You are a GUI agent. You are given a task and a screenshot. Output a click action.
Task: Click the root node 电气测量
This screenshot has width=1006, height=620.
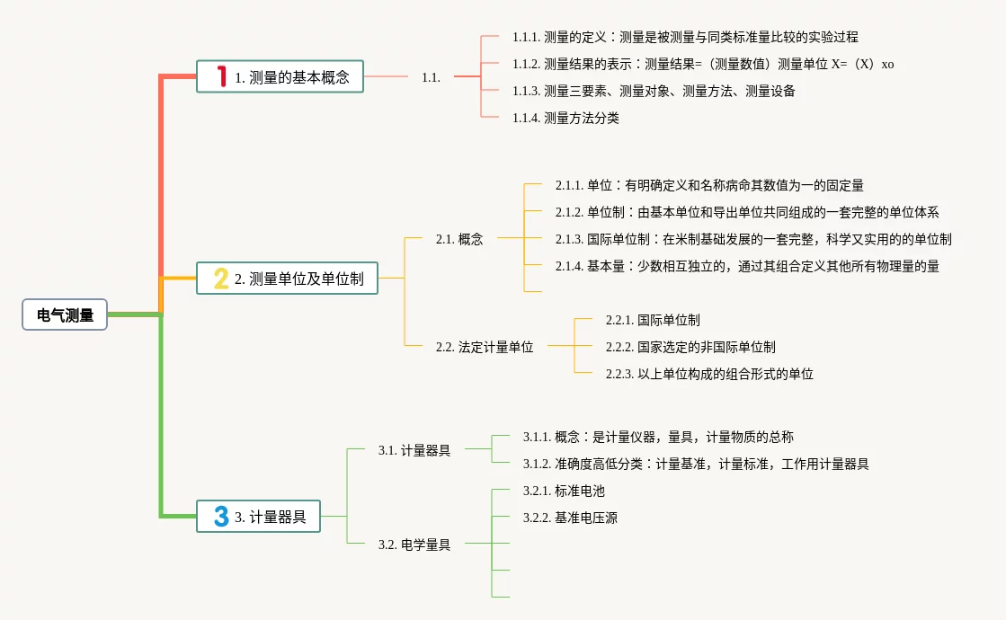(x=65, y=314)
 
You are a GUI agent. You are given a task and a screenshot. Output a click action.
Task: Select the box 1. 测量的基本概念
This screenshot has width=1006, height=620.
(x=280, y=76)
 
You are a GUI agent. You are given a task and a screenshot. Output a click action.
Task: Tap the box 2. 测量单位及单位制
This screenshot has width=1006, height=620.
(x=287, y=279)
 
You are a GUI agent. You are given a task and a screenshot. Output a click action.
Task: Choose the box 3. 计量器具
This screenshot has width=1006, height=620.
(x=258, y=516)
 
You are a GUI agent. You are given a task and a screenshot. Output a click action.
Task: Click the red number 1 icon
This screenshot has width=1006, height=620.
(x=222, y=76)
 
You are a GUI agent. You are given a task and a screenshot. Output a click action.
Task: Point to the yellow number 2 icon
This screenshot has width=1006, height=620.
(x=221, y=279)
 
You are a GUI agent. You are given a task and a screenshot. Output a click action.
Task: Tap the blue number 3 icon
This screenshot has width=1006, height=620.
(x=221, y=516)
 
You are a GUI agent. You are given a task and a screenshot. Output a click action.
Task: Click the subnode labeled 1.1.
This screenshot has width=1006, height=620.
(x=432, y=77)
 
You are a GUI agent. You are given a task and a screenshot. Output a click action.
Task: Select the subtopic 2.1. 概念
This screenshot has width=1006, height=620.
(x=459, y=239)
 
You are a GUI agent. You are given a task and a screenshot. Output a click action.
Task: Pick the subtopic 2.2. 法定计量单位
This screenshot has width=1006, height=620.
(x=485, y=347)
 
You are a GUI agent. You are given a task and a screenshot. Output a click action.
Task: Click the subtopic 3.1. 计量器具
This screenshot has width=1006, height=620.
(x=414, y=450)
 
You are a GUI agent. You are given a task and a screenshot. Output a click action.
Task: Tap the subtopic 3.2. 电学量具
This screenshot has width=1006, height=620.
(x=414, y=545)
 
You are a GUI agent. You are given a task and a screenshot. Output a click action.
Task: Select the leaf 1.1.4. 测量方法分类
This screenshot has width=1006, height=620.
(x=565, y=118)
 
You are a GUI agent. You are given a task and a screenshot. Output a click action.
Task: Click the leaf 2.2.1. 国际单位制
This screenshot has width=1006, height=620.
(x=653, y=320)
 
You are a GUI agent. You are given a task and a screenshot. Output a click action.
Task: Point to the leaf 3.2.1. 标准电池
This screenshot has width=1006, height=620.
(x=564, y=491)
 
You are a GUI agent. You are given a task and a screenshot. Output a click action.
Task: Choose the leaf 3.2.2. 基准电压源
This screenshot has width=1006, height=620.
(x=570, y=518)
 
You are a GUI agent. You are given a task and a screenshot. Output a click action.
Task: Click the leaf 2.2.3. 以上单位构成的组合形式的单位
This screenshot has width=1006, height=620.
(x=709, y=374)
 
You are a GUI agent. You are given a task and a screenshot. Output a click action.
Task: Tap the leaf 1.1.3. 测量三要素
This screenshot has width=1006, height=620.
(x=654, y=91)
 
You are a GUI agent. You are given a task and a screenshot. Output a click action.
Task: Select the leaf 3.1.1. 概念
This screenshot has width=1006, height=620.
(x=658, y=437)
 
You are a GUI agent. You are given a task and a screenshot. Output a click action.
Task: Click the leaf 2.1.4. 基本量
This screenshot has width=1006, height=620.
(x=747, y=266)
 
